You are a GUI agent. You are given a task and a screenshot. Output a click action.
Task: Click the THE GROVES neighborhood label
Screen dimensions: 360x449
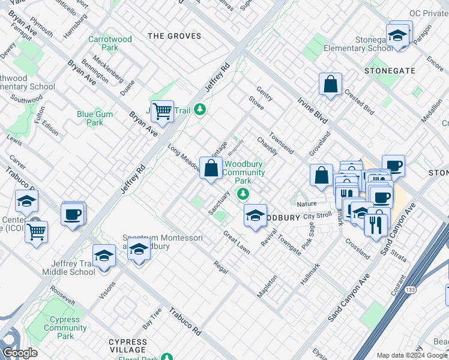point(175,36)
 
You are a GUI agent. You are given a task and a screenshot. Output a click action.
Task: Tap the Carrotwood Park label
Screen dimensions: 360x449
point(110,43)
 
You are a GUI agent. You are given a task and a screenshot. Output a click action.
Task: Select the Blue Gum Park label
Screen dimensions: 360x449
point(90,118)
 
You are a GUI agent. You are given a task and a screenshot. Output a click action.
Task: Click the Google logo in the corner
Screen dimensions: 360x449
point(20,353)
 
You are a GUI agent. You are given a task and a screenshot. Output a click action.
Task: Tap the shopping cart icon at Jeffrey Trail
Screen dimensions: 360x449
point(162,110)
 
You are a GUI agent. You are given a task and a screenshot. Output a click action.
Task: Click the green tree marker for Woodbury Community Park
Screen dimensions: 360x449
point(243,193)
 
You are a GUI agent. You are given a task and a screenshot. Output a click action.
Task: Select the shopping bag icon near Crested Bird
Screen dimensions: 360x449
point(330,85)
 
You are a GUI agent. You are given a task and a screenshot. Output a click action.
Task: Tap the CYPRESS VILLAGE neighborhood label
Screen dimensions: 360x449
point(127,346)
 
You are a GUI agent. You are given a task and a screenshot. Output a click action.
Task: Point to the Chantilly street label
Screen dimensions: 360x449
point(267,146)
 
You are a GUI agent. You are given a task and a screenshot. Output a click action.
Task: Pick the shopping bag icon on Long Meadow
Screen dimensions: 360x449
point(211,169)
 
